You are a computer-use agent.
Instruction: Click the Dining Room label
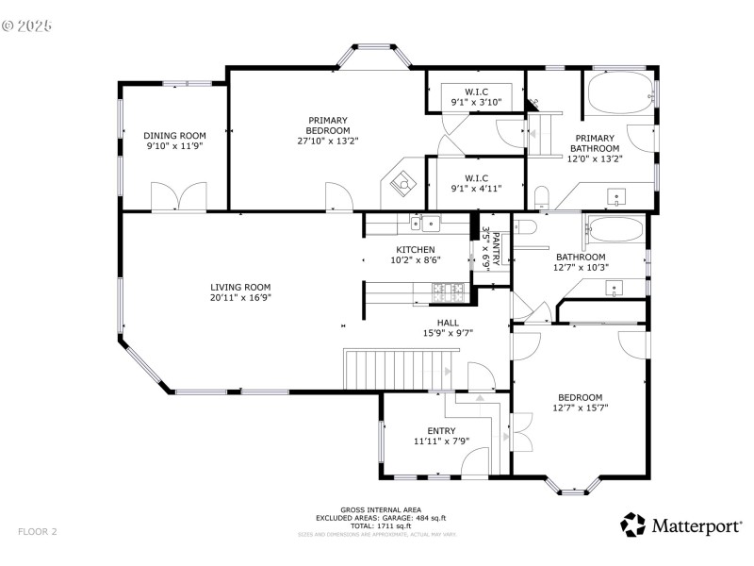point(174,135)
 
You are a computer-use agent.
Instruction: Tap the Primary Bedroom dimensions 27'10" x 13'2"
point(328,141)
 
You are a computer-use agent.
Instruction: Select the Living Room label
point(240,287)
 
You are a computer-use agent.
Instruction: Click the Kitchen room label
point(415,249)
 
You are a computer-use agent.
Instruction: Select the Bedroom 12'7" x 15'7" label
point(580,397)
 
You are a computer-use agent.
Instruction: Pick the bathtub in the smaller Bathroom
point(614,230)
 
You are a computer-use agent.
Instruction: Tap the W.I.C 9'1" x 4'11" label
point(476,177)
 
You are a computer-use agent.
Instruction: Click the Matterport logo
point(680,525)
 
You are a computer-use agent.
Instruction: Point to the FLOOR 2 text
point(38,532)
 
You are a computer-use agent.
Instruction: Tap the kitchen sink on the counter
point(431,224)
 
